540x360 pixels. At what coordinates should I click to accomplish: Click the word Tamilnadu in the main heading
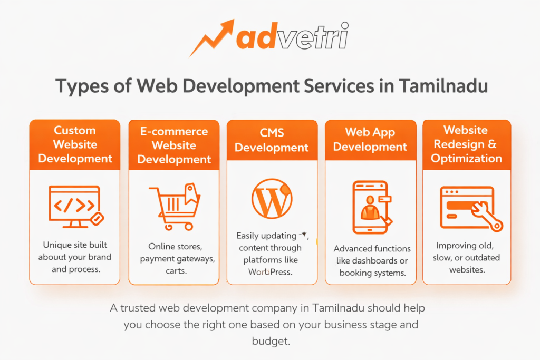pos(443,86)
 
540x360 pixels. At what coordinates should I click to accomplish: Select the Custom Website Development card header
pos(75,144)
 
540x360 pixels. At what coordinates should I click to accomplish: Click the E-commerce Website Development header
pos(174,145)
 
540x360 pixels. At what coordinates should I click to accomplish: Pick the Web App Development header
pos(370,140)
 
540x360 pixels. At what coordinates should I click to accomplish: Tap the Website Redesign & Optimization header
pos(467,144)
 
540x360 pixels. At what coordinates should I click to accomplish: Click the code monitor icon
pos(74,206)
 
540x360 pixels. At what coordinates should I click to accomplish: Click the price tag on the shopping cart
pos(189,193)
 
